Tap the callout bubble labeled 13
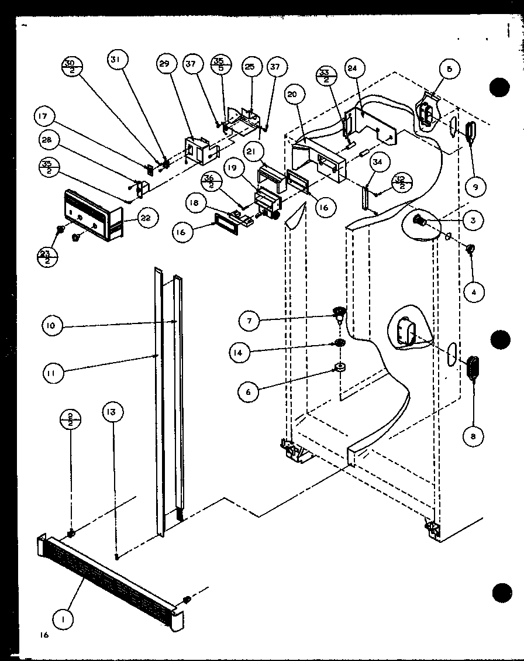[x=115, y=412]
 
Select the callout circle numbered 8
[x=473, y=435]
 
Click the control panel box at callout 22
[x=94, y=214]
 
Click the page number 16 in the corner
[x=43, y=635]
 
